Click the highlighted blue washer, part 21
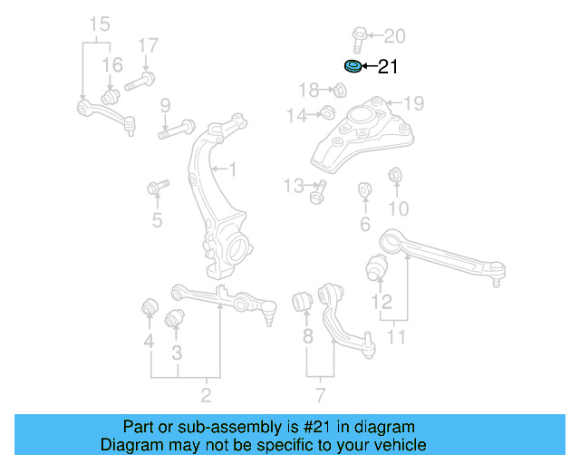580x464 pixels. (353, 65)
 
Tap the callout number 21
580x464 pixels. (387, 66)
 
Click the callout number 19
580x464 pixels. (414, 102)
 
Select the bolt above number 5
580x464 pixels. (157, 188)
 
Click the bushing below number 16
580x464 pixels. (111, 95)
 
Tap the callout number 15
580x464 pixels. (98, 23)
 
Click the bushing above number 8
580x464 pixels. (305, 300)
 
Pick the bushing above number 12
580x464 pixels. (376, 268)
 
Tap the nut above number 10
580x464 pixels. (395, 174)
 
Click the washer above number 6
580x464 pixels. (364, 190)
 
